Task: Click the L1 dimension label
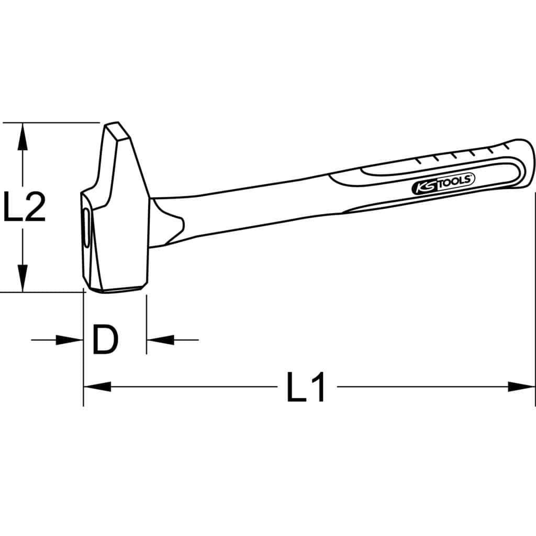[x=306, y=388]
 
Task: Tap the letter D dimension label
[x=105, y=340]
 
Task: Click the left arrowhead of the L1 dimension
[x=97, y=387]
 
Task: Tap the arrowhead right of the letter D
[x=160, y=340]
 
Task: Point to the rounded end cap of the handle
[x=526, y=162]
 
